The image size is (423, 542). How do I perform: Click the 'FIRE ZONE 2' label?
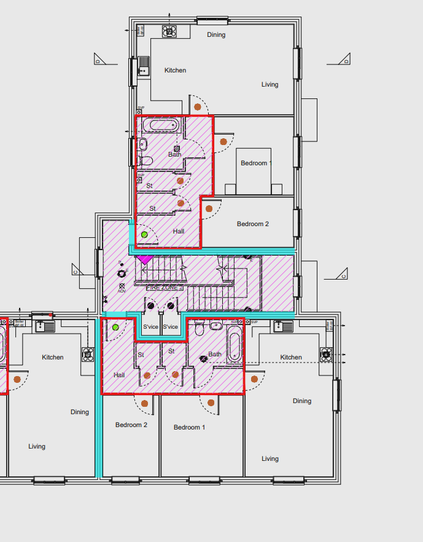pyautogui.click(x=165, y=287)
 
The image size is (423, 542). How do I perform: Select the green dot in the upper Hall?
pyautogui.click(x=144, y=235)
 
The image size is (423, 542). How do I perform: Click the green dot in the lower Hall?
pyautogui.click(x=115, y=326)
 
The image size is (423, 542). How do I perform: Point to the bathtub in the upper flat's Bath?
pyautogui.click(x=163, y=126)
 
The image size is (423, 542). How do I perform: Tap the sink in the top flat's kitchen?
pyautogui.click(x=144, y=64)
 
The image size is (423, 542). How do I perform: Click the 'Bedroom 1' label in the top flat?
pyautogui.click(x=256, y=163)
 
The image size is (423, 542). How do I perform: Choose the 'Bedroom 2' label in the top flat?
pyautogui.click(x=252, y=224)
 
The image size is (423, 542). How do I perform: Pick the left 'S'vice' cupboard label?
pyautogui.click(x=150, y=327)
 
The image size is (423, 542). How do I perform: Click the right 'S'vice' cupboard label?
pyautogui.click(x=170, y=327)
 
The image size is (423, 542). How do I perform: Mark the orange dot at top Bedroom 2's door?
pyautogui.click(x=209, y=209)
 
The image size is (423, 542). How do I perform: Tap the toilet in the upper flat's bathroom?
pyautogui.click(x=146, y=162)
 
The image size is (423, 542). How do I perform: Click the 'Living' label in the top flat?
pyautogui.click(x=270, y=85)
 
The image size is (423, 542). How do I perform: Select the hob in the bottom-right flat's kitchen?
pyautogui.click(x=325, y=353)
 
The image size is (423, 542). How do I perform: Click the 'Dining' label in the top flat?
pyautogui.click(x=216, y=35)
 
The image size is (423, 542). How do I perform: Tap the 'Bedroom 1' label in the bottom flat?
pyautogui.click(x=189, y=427)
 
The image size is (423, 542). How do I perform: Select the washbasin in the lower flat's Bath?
pyautogui.click(x=215, y=326)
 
